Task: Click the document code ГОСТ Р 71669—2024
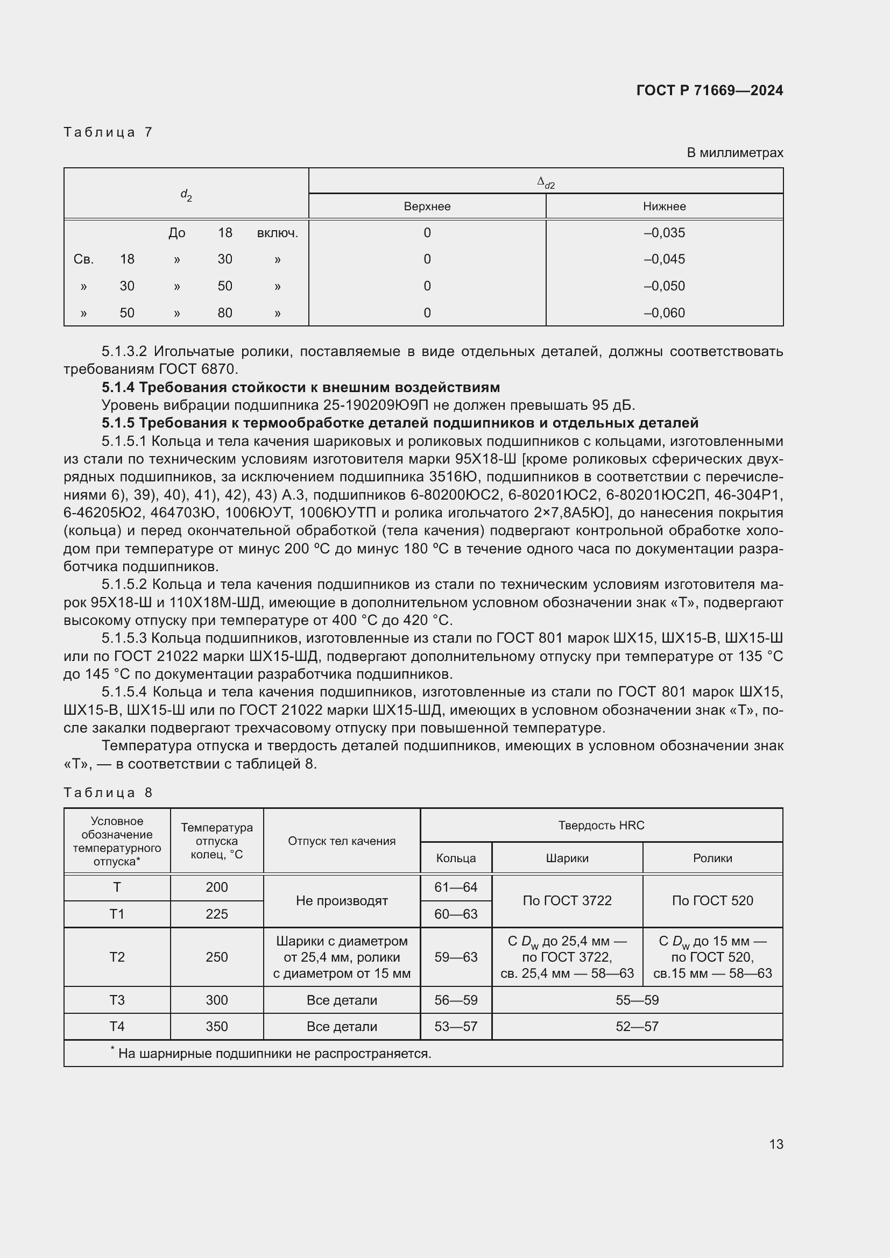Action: point(709,90)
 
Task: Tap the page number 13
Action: point(775,1144)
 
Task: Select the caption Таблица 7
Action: point(108,132)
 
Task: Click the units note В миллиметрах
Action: point(734,153)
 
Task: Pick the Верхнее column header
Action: point(427,207)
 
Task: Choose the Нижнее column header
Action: point(664,207)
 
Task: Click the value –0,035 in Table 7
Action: point(664,233)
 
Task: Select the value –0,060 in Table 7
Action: point(664,313)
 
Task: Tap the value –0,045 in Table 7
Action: point(664,259)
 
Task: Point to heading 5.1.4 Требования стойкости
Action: point(300,387)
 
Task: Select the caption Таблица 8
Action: point(108,793)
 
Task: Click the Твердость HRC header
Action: point(601,825)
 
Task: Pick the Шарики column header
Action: point(567,858)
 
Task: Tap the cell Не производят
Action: point(342,901)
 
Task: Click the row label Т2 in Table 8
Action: point(117,957)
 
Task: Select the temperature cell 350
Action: point(216,1026)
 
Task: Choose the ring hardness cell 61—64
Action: point(455,887)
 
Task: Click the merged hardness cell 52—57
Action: point(637,1026)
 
